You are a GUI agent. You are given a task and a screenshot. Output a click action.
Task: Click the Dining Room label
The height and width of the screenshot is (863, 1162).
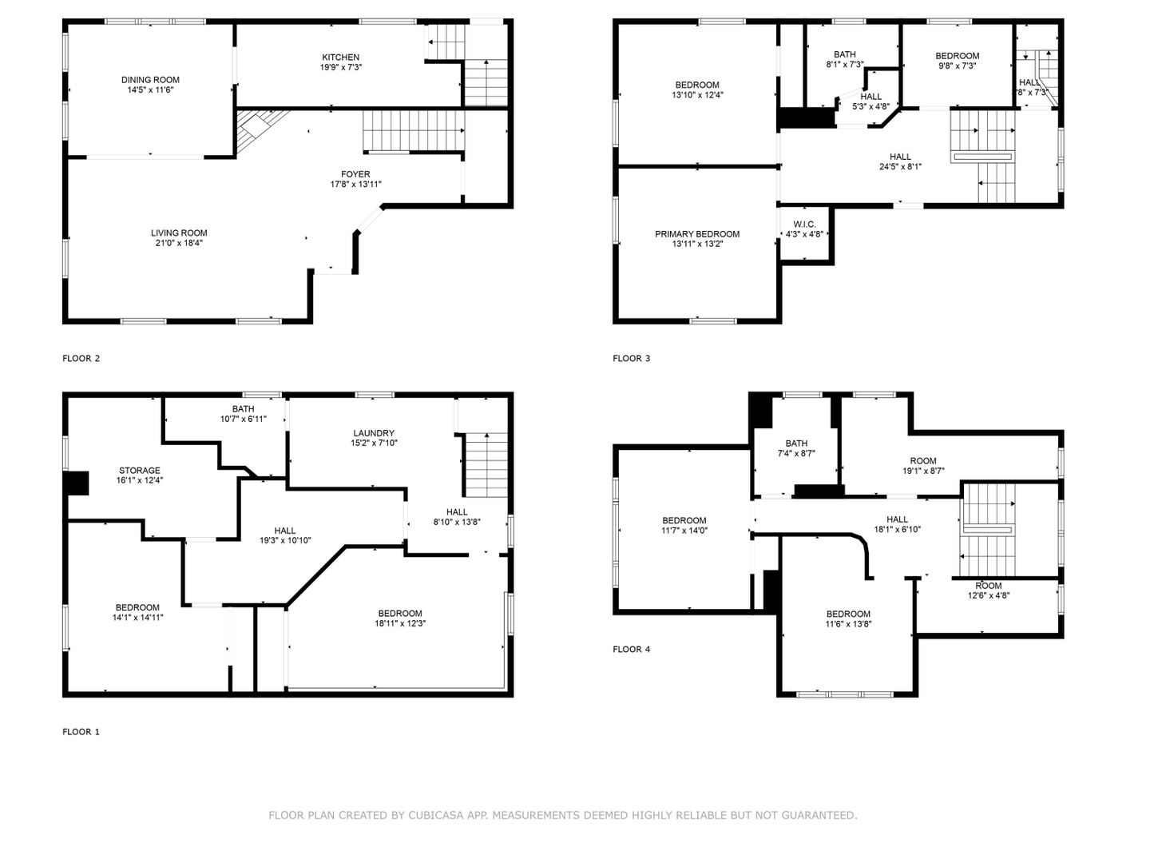[150, 80]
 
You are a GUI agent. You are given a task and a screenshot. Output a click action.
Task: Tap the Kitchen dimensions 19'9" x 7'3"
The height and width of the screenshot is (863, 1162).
[340, 67]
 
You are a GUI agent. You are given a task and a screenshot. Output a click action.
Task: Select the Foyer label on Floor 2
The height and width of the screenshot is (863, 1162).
[355, 174]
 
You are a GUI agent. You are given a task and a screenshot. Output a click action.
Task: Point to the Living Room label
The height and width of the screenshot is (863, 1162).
[179, 233]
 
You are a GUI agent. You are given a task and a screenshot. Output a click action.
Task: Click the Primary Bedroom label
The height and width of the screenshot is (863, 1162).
[696, 234]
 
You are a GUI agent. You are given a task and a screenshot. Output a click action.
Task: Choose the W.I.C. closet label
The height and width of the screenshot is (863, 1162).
[804, 225]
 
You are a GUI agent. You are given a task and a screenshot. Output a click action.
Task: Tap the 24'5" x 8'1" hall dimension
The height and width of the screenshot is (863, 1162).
[900, 167]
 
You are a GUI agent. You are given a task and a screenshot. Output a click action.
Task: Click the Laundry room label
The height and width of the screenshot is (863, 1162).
[374, 433]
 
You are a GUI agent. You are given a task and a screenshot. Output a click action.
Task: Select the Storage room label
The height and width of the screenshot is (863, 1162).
[139, 471]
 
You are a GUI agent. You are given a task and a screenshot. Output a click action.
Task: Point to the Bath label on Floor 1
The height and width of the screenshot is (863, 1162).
[243, 409]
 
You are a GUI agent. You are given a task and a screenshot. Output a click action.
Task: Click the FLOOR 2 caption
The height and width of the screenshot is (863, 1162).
[81, 359]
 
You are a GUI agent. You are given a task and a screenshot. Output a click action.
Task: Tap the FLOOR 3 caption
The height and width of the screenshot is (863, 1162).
[631, 359]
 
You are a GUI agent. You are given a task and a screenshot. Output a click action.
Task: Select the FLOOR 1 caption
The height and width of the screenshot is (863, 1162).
[81, 732]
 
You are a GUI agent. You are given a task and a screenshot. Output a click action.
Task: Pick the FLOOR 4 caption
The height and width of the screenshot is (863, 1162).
[631, 649]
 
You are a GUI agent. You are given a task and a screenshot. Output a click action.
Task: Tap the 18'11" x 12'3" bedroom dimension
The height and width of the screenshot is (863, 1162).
[400, 623]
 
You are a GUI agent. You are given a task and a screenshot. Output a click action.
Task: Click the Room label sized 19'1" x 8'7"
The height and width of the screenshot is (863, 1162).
[923, 461]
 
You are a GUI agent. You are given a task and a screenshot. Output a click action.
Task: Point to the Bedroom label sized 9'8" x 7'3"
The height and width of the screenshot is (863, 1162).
[958, 56]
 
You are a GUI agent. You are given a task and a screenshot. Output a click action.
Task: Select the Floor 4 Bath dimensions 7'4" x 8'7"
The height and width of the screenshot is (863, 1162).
[796, 454]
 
